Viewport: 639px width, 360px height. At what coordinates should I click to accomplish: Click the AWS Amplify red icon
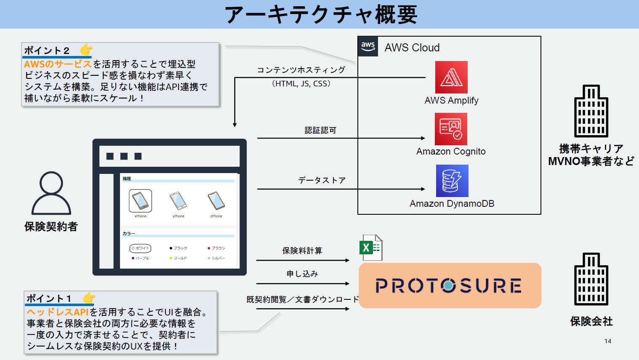tap(451, 77)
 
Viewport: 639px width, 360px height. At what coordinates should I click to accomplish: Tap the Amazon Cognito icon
tap(451, 129)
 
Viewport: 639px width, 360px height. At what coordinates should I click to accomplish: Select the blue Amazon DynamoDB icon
tap(452, 181)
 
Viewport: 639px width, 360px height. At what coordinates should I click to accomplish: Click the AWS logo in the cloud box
tap(368, 46)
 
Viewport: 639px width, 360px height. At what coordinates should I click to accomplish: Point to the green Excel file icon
tap(370, 248)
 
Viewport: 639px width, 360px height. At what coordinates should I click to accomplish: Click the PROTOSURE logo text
tap(449, 285)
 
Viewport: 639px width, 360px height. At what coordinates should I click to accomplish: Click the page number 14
tap(607, 341)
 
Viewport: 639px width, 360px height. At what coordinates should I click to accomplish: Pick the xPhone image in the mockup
tap(140, 201)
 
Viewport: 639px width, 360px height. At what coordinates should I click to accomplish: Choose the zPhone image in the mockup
tap(216, 201)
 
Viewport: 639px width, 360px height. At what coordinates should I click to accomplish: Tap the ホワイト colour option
tap(140, 248)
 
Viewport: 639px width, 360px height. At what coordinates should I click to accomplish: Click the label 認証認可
tap(320, 131)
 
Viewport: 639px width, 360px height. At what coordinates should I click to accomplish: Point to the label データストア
tap(322, 181)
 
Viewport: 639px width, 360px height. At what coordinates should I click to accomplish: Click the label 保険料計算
tap(302, 251)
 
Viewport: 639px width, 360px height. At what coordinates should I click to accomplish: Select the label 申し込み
tap(302, 274)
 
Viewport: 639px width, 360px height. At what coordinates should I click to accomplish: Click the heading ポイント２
tap(47, 51)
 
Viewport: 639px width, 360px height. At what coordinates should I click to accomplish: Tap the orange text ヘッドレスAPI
tap(58, 312)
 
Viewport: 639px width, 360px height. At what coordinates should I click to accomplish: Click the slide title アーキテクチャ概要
tap(321, 14)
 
